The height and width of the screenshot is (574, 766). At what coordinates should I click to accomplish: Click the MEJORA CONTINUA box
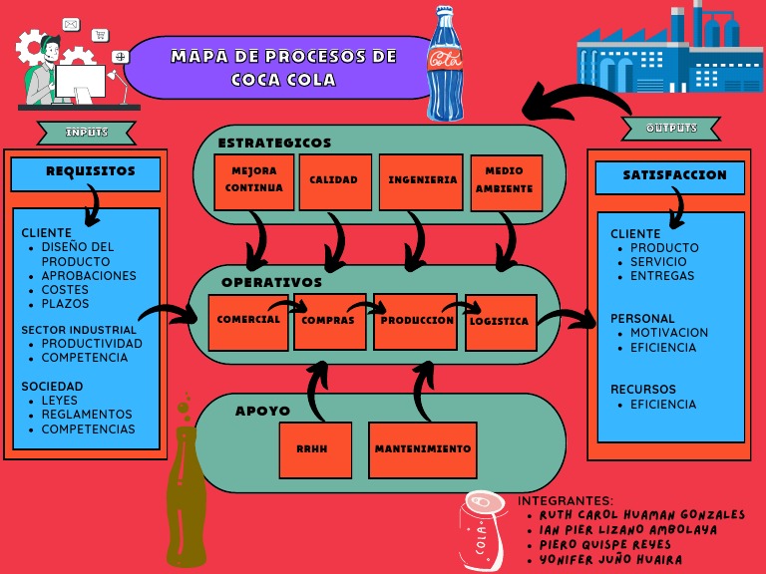pos(253,181)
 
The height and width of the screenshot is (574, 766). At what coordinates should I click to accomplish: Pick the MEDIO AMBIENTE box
pos(506,181)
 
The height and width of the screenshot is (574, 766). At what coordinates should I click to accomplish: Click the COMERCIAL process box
pos(247,321)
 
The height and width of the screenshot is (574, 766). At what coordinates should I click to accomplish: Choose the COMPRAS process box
pos(329,321)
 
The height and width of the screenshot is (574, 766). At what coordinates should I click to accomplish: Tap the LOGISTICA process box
pos(500,321)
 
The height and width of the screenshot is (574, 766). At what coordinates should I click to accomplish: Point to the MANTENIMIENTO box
pos(422,449)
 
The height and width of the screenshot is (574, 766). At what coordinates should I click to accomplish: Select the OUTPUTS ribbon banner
pos(671,129)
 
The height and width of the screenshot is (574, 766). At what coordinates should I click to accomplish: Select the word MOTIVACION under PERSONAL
pos(669,333)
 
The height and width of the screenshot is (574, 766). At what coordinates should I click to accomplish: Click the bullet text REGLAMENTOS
pos(87,415)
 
